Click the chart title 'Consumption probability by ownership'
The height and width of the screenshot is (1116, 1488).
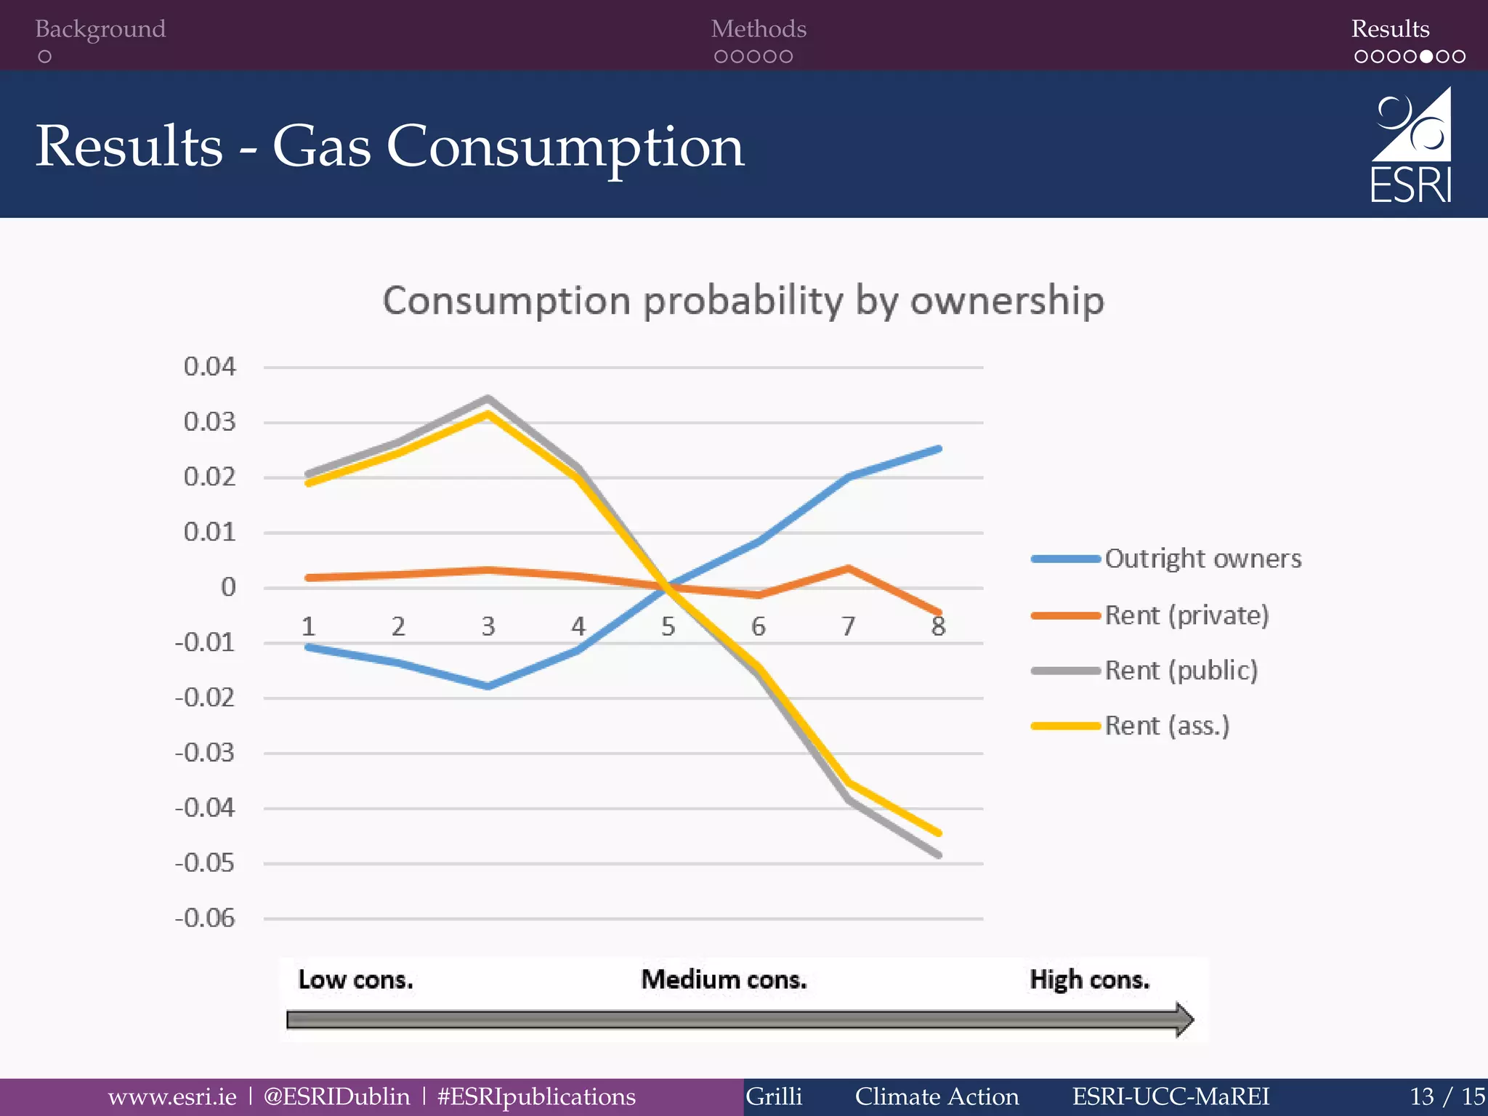click(x=743, y=300)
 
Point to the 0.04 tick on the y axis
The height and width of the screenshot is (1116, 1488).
click(x=209, y=367)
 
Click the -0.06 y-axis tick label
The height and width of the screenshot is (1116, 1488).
click(x=205, y=918)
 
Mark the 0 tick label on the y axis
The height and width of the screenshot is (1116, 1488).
click(x=228, y=587)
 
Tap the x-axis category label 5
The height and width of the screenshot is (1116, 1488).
click(x=668, y=626)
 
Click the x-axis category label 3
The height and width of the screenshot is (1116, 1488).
click(x=488, y=626)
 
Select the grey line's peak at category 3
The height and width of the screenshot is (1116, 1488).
click(x=488, y=398)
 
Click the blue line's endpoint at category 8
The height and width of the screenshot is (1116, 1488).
click(x=939, y=449)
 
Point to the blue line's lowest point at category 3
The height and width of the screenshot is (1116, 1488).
click(x=488, y=686)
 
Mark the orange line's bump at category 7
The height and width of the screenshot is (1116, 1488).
click(x=848, y=568)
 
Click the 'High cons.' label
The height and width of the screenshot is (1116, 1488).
click(x=1089, y=980)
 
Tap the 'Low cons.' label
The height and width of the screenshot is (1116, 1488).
click(x=355, y=980)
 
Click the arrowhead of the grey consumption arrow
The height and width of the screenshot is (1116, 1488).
click(x=1184, y=1019)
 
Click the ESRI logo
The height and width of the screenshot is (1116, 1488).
click(x=1410, y=145)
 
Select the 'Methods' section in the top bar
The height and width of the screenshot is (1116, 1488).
click(x=758, y=29)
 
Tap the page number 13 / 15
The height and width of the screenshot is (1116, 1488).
click(x=1447, y=1096)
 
